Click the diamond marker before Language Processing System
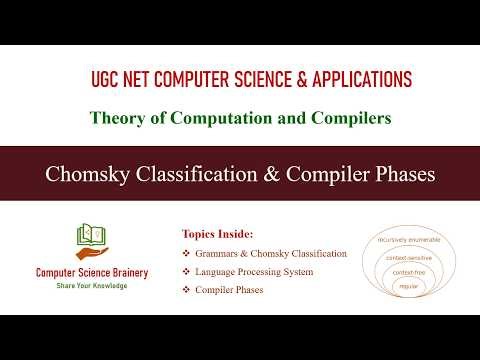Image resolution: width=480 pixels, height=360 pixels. [x=185, y=272]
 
